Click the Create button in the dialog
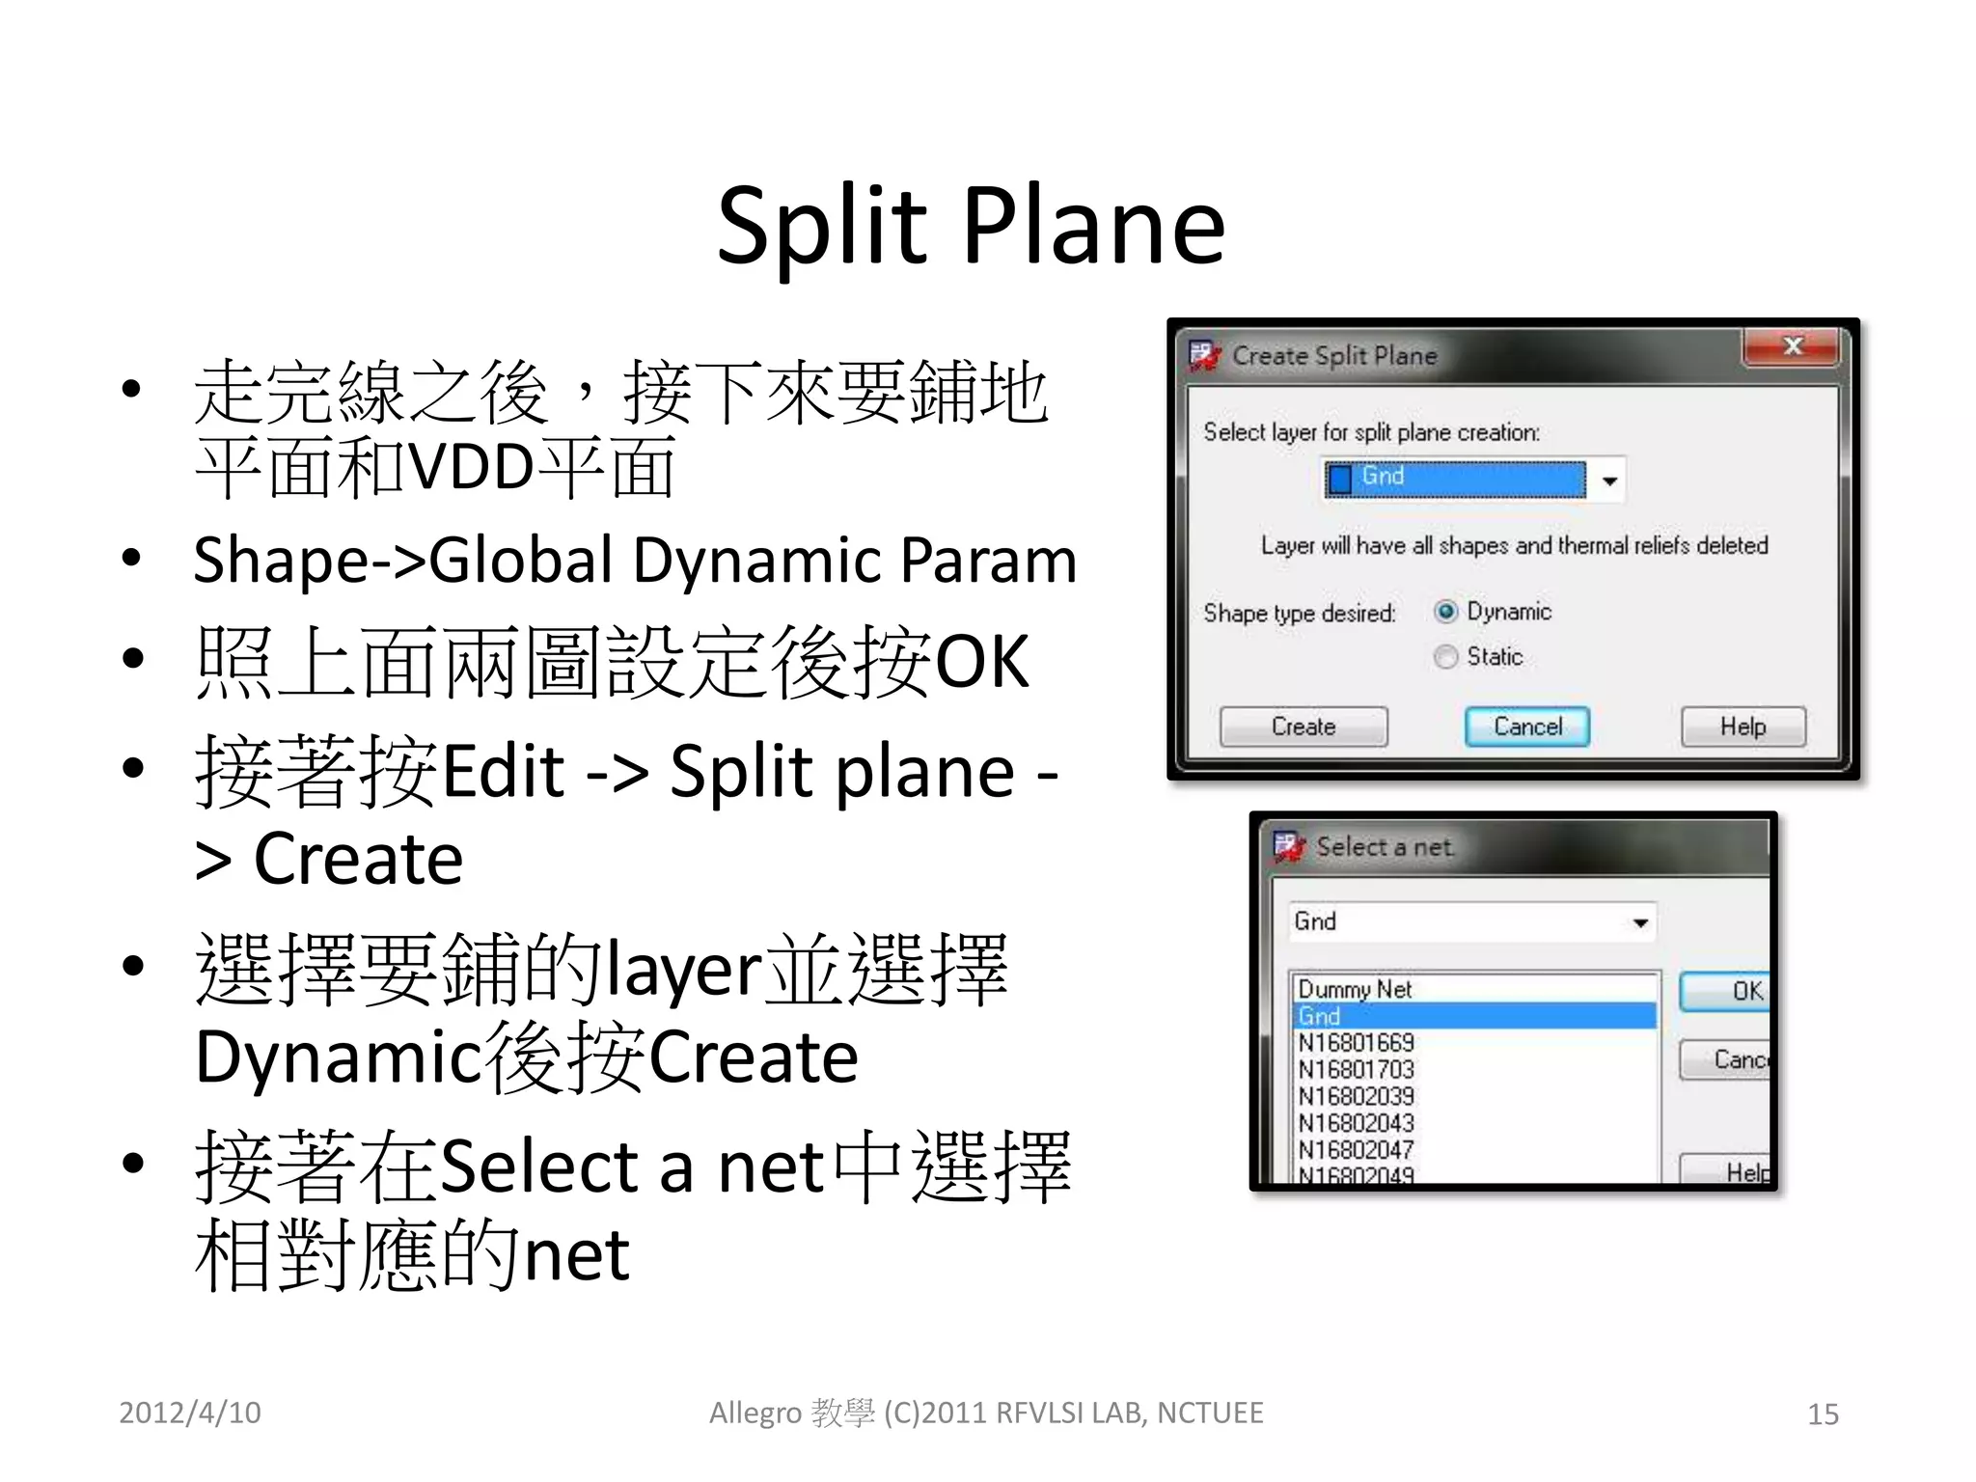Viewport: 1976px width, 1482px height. [1303, 727]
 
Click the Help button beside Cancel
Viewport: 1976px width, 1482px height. [1743, 727]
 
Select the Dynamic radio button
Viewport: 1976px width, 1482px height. [1445, 612]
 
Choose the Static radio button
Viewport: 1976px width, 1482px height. [1445, 657]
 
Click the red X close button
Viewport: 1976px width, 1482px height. [1792, 346]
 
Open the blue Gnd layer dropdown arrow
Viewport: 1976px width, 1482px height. [1608, 480]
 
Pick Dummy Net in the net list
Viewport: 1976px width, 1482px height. [1355, 989]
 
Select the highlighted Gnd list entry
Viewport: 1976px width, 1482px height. [1320, 1016]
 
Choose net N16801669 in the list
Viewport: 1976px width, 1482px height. [1356, 1043]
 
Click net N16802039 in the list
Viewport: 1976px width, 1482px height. [1356, 1097]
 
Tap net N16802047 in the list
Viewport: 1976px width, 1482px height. [1356, 1150]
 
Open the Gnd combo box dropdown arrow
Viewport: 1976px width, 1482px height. [1639, 923]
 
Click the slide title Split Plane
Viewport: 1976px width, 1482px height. [971, 226]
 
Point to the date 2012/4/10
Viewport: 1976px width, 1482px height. [190, 1413]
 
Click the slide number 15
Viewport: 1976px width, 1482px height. [1823, 1414]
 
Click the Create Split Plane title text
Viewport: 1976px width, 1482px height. [1334, 356]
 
